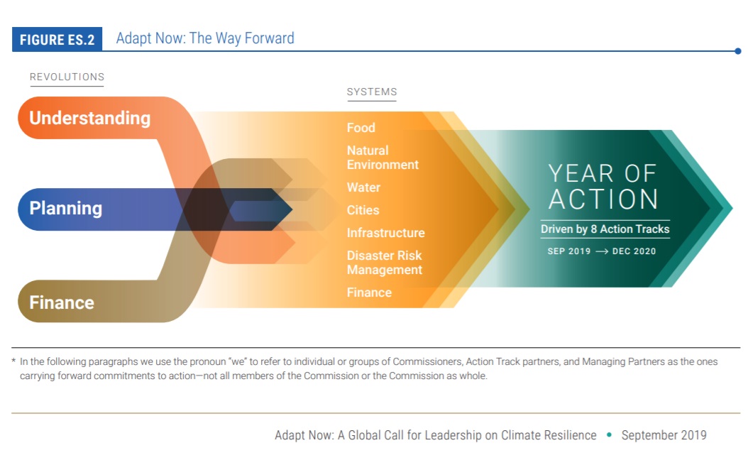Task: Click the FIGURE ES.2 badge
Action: point(57,39)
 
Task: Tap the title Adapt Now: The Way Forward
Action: point(205,38)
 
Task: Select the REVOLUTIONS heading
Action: point(67,77)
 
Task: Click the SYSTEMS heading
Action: point(372,92)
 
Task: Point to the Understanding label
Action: point(89,118)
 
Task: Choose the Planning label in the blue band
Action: point(66,209)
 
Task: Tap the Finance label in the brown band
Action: point(62,302)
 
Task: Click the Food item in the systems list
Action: point(361,127)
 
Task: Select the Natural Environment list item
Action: point(383,158)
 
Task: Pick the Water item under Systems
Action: point(363,187)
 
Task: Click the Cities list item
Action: point(363,210)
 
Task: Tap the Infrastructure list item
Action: point(386,233)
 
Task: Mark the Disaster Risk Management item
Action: point(385,263)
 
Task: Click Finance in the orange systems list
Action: point(369,292)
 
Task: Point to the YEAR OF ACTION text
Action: point(603,187)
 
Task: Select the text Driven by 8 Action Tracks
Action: point(605,229)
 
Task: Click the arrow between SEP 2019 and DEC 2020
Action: point(602,251)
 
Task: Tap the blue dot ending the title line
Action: point(738,51)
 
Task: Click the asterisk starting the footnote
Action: point(13,361)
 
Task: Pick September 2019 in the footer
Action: point(664,435)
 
